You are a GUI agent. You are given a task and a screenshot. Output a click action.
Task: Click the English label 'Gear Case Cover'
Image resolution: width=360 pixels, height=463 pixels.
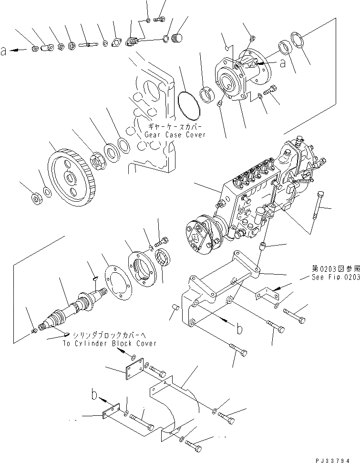pos(176,135)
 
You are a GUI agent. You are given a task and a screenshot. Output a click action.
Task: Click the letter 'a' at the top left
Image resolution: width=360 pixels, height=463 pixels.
pos(4,52)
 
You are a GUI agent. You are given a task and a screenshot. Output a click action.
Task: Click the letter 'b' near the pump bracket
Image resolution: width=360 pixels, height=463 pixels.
pos(240,328)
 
